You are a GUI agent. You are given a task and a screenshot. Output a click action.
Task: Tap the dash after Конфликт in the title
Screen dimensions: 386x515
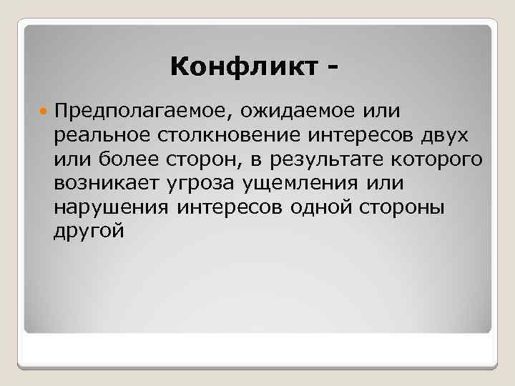point(331,69)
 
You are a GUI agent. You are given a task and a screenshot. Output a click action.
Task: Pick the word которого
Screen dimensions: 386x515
point(446,159)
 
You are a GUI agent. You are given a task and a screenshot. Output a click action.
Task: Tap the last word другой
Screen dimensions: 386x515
point(88,232)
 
